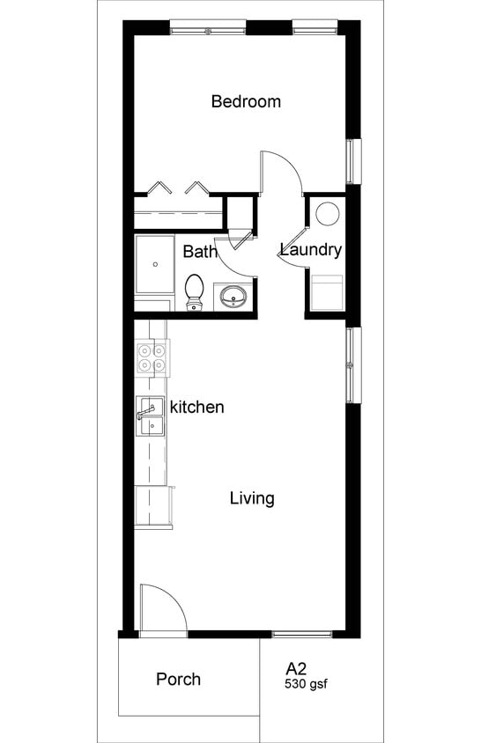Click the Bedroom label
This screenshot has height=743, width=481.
tap(246, 101)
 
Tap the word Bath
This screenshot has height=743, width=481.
tap(200, 252)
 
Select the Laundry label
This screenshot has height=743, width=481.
tap(311, 250)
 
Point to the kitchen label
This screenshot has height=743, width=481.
tap(196, 408)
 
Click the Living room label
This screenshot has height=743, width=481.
tap(252, 499)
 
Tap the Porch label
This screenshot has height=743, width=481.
tap(178, 680)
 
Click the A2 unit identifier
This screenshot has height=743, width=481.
tap(295, 668)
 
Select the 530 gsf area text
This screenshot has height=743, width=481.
tap(306, 683)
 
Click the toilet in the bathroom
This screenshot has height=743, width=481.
tap(195, 291)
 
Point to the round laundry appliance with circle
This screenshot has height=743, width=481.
tap(328, 215)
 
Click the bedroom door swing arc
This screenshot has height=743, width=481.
tap(282, 172)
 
